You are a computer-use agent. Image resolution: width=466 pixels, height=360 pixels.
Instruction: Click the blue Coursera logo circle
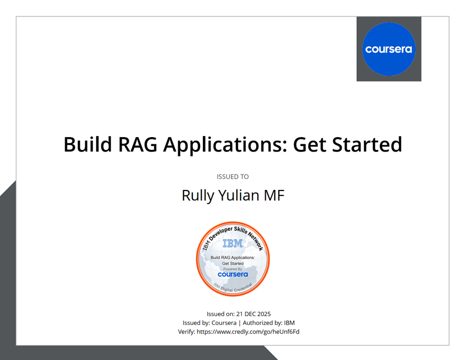point(389,49)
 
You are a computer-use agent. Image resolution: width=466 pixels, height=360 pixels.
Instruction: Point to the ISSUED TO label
point(232,177)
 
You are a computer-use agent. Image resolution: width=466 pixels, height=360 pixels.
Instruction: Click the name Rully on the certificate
point(197,195)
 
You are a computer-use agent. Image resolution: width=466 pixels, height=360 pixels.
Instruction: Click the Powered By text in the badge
point(232,269)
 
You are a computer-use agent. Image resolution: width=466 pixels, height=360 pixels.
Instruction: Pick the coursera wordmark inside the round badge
point(232,274)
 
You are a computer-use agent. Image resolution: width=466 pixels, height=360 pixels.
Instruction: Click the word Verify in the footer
point(186,331)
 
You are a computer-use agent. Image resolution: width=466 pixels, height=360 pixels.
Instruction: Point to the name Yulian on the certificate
point(239,195)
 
